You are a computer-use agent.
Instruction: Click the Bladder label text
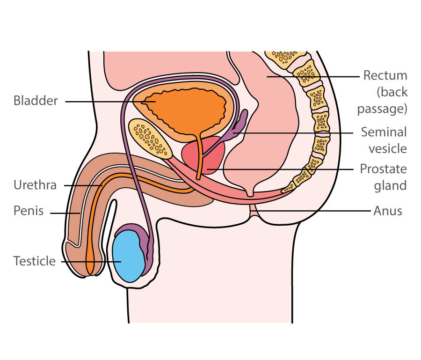point(36,101)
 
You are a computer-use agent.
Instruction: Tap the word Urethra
point(35,185)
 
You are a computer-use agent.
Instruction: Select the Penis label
point(28,211)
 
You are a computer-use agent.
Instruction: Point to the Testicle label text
point(34,261)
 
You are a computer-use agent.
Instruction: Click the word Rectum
point(385,76)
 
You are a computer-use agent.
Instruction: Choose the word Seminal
point(384,132)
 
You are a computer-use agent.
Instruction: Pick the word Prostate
point(383,169)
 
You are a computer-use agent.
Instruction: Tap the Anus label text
point(388,211)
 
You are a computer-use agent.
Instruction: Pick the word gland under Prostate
point(390,185)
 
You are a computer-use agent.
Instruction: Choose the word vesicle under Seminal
point(388,149)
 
